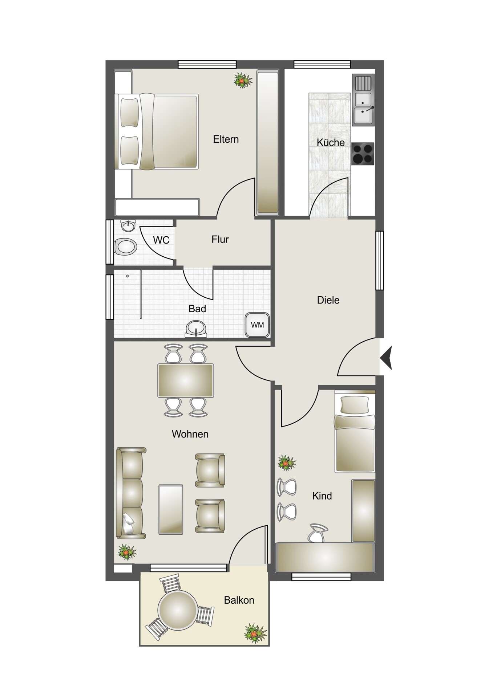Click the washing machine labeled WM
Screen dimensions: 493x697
(x=257, y=325)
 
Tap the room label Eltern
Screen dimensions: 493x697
(x=226, y=139)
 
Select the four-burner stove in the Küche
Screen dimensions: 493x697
(x=363, y=154)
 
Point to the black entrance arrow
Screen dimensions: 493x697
(x=386, y=358)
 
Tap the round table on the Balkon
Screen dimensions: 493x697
(x=178, y=610)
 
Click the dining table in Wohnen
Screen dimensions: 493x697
(x=185, y=381)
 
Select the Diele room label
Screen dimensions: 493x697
(x=328, y=300)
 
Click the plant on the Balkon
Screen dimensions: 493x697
(x=255, y=632)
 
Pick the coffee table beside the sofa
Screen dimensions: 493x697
(x=171, y=509)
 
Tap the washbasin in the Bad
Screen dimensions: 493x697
(x=196, y=329)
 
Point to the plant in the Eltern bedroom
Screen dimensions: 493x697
(x=243, y=80)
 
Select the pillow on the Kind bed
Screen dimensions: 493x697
(x=354, y=405)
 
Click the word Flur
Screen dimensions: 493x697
(x=220, y=240)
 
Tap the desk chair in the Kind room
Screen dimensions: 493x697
(x=317, y=533)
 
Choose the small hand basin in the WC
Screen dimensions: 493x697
(x=128, y=225)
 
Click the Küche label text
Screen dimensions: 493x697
(x=331, y=142)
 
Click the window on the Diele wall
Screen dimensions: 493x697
(x=380, y=260)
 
